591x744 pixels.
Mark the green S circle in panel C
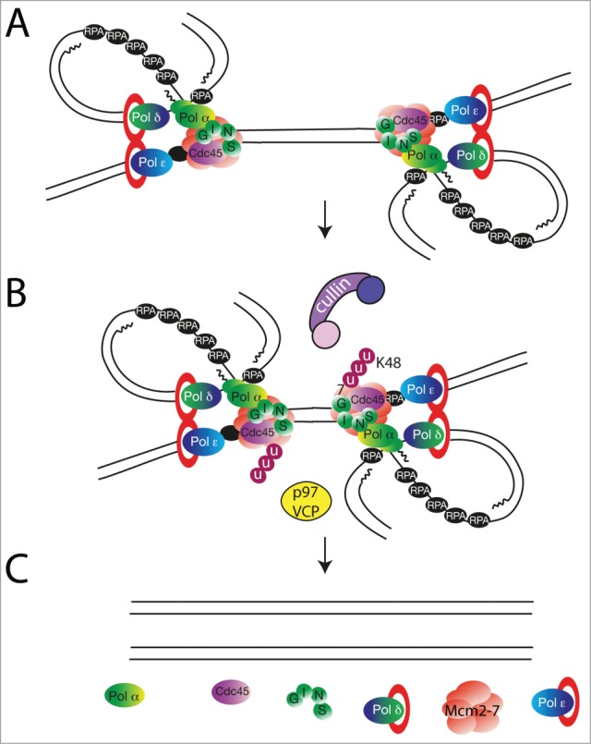[x=322, y=710]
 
